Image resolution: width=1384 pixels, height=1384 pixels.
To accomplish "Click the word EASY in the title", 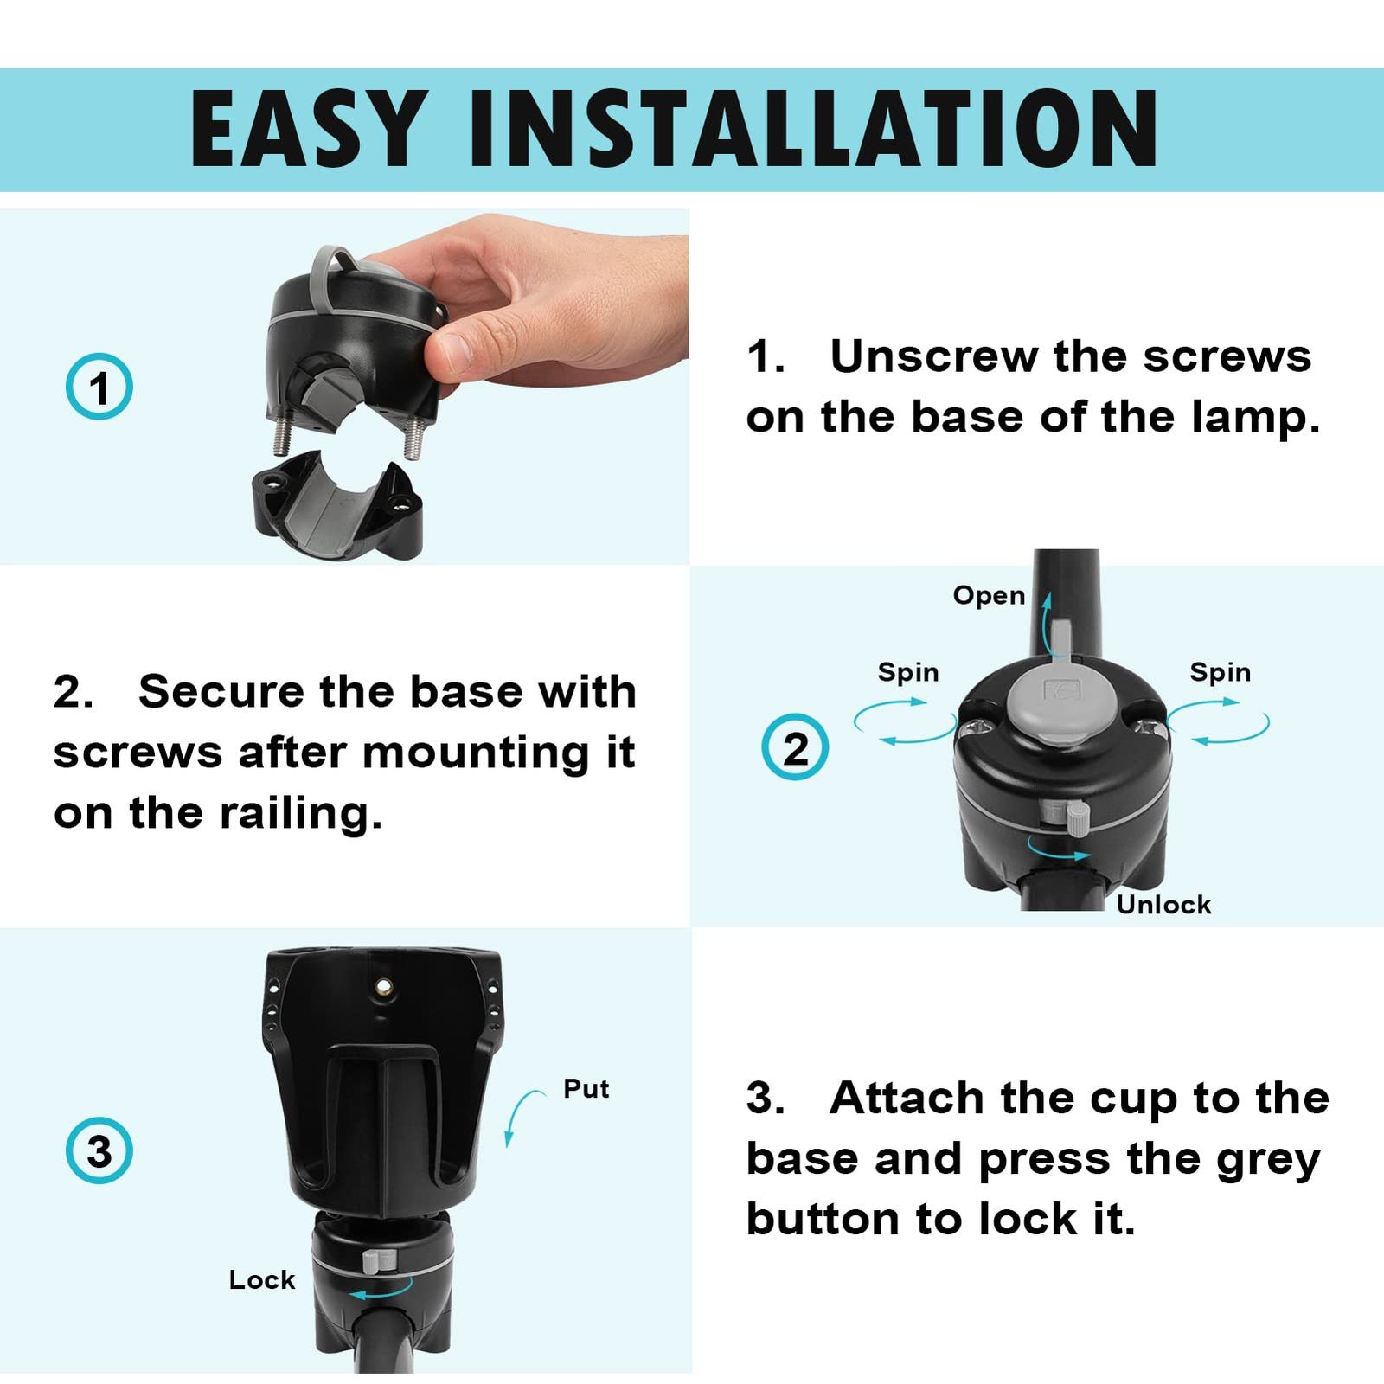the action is pos(309,129).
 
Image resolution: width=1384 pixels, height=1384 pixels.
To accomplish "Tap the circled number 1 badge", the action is pos(99,387).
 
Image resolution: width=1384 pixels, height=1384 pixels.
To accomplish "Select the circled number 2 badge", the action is pos(795,746).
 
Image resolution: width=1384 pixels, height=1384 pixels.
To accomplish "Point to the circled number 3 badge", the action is pos(99,1151).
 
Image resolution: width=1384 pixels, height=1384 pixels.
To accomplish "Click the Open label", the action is pos(989,596).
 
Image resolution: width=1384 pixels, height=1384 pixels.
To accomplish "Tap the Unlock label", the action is pos(1163,905).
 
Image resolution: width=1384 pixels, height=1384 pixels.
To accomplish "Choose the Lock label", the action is pos(262,1279).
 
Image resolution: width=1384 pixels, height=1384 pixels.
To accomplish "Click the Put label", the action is pos(586,1088).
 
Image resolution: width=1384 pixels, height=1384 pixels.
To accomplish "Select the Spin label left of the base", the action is pos(908,672).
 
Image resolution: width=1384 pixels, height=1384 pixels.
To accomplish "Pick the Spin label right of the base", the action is pos(1220,672).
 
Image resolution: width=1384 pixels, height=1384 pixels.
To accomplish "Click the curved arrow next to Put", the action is pos(516,1108).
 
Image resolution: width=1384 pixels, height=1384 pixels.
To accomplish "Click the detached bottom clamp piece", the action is pos(337,505).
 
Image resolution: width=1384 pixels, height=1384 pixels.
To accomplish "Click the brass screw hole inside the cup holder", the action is pos(381,986).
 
